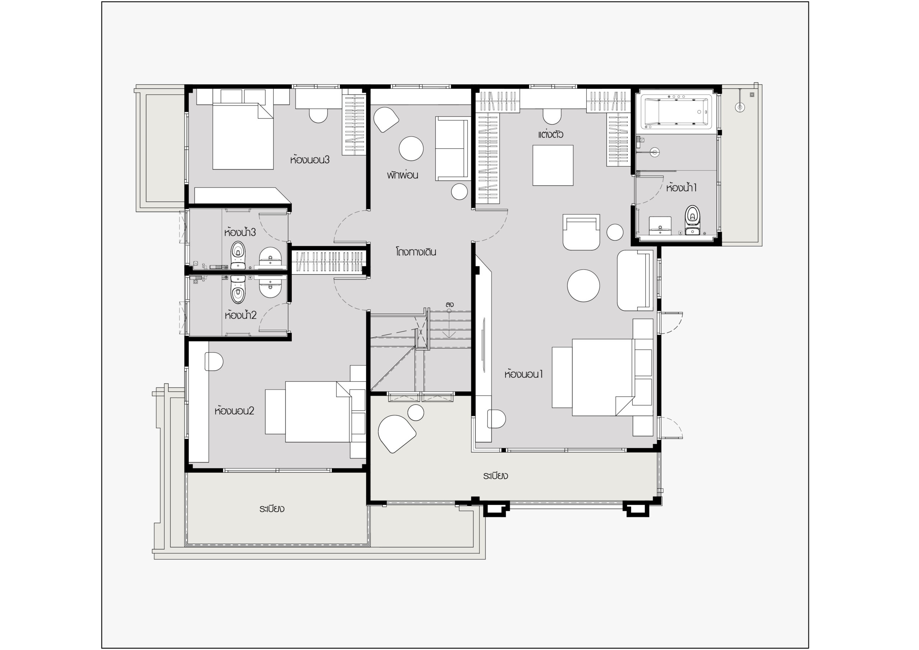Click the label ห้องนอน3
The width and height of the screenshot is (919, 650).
tap(310, 160)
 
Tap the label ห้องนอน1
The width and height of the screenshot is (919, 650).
tap(523, 374)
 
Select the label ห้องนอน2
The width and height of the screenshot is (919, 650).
tap(234, 410)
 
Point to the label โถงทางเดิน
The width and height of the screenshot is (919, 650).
tap(416, 252)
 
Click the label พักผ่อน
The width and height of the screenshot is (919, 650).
tap(402, 175)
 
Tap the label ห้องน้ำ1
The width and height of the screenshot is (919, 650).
tap(681, 187)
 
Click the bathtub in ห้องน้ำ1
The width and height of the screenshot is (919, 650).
tap(676, 112)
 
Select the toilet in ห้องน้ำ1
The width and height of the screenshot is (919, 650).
tap(692, 220)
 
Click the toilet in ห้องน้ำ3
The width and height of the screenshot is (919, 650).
tap(238, 255)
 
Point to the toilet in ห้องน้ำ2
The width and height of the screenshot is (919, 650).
tap(238, 289)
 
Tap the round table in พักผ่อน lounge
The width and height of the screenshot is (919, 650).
tap(411, 148)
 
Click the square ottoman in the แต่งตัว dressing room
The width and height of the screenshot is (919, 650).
tap(553, 166)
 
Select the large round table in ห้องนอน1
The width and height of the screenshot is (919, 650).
tap(583, 285)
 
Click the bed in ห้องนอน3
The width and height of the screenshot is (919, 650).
tap(243, 136)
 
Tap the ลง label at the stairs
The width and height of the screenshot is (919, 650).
tap(449, 305)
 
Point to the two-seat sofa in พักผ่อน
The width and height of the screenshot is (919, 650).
tap(453, 149)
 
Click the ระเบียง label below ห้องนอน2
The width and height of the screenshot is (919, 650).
tap(271, 509)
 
